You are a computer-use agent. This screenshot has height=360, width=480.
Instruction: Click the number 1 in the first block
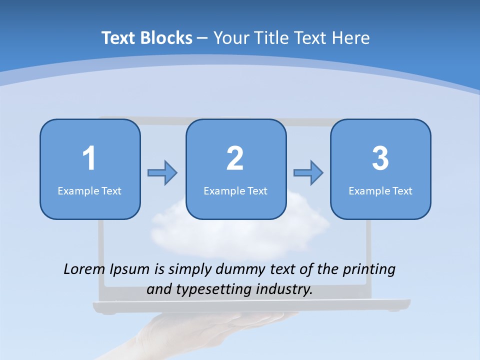click(x=89, y=158)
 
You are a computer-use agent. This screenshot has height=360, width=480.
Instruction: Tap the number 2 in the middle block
click(x=235, y=158)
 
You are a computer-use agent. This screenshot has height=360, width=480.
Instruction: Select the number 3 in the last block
click(x=380, y=158)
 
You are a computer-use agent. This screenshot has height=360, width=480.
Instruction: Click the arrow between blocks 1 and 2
click(x=162, y=173)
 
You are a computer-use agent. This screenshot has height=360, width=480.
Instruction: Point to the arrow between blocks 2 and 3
click(x=308, y=173)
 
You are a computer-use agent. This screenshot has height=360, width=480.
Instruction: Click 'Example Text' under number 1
click(x=89, y=190)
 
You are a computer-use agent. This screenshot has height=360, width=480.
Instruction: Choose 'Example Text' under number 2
click(x=235, y=190)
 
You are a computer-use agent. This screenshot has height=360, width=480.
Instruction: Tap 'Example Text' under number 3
click(x=380, y=190)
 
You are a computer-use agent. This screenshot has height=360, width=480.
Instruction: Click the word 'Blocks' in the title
click(x=166, y=38)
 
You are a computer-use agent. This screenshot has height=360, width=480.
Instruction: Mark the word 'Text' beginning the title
click(x=119, y=38)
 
